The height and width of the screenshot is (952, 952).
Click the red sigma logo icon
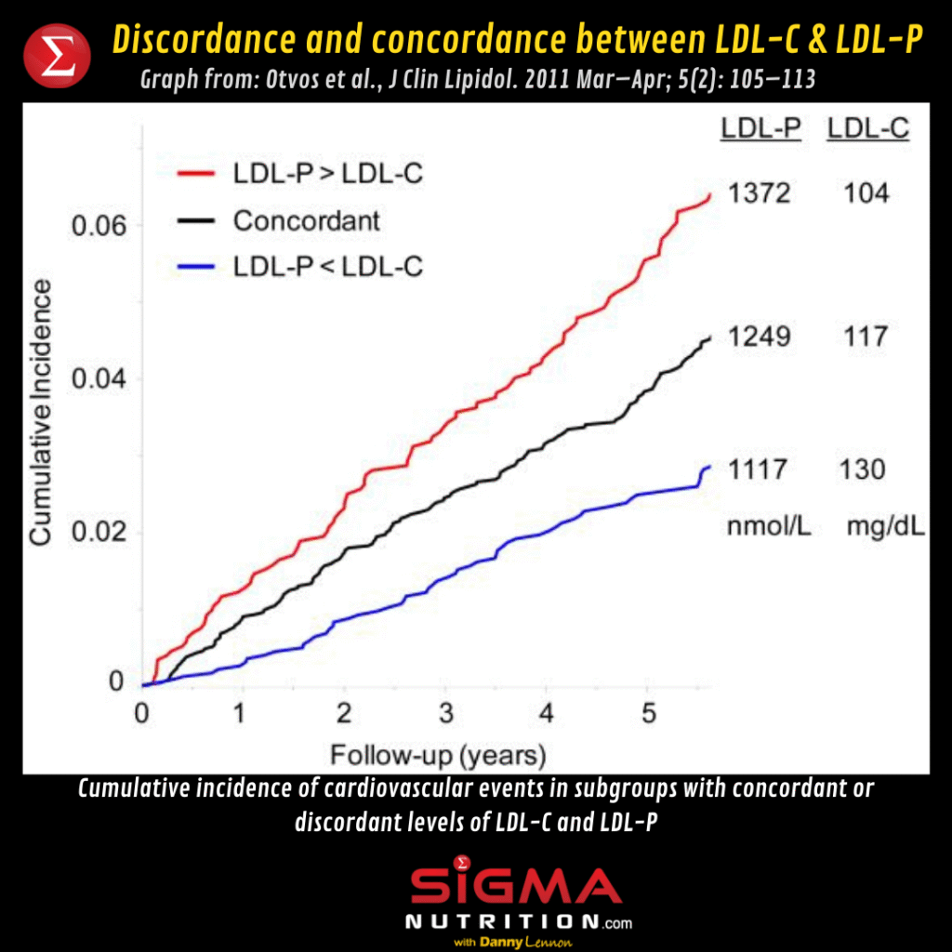[x=56, y=55]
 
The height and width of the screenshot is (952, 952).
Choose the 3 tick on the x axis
[x=445, y=714]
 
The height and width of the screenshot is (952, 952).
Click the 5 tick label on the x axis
[x=649, y=714]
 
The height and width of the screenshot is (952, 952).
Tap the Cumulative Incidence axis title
[x=41, y=414]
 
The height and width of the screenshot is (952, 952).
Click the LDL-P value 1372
[x=759, y=193]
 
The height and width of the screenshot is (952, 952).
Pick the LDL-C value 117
[x=866, y=337]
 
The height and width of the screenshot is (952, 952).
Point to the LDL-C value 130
[x=864, y=469]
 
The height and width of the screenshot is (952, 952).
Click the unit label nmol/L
[x=770, y=527]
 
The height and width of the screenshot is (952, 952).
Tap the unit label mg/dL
[x=886, y=527]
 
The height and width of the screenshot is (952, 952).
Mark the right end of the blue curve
[x=709, y=467]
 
